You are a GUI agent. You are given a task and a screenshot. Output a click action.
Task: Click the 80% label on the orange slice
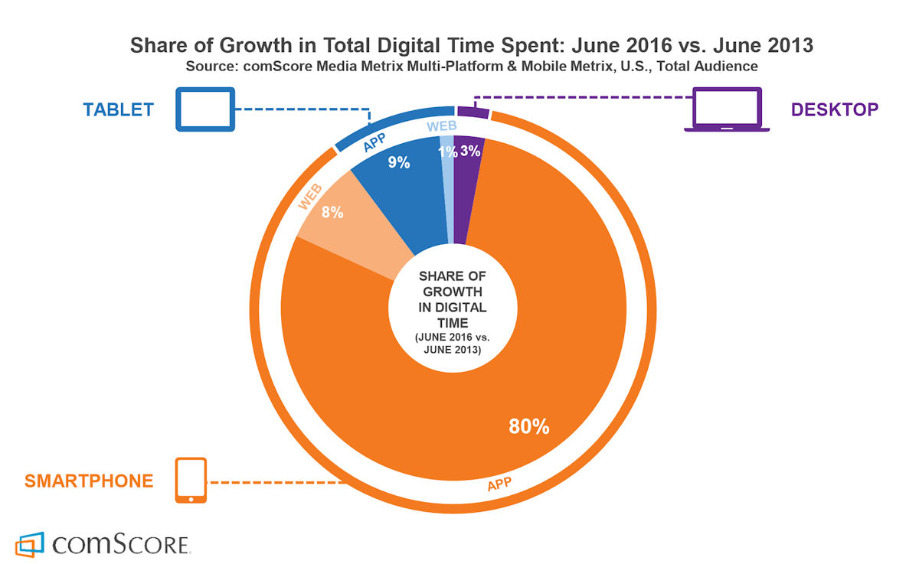529,426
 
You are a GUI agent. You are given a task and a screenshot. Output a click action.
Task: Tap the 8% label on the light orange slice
332,213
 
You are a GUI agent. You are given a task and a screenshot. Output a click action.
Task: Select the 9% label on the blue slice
399,162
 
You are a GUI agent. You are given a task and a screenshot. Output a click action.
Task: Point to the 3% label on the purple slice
470,152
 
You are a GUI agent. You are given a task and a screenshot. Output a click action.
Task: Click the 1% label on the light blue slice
447,152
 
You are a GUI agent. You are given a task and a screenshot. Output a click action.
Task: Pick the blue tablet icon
205,109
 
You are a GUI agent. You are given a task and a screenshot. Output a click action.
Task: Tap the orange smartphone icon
191,481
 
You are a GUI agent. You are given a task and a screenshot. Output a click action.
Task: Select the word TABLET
119,109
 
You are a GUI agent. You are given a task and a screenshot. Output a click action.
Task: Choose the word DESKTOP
835,109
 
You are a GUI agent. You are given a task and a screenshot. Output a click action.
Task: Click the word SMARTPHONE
89,481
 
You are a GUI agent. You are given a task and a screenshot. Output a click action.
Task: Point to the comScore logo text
121,545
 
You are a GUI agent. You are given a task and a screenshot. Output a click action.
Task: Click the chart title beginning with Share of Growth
472,46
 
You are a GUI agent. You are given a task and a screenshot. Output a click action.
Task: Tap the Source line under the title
472,67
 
